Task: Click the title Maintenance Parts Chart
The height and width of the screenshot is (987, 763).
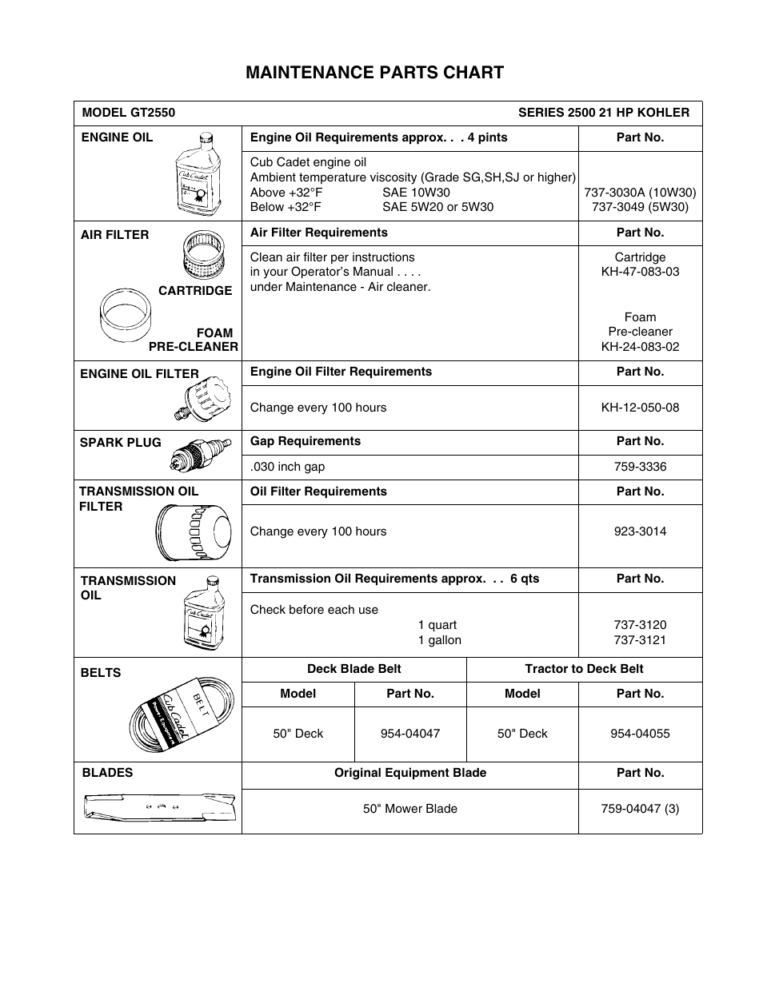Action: point(374,73)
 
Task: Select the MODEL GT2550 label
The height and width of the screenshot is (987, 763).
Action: point(128,113)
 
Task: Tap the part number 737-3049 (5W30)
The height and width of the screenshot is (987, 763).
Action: point(640,207)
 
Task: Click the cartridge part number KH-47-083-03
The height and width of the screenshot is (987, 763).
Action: point(640,272)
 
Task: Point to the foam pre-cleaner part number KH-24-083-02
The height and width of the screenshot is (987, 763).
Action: point(640,347)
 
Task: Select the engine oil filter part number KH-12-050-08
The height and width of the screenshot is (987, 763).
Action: point(640,408)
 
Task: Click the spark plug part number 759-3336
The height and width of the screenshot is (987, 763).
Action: point(640,467)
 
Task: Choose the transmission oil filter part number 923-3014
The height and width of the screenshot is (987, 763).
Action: point(640,531)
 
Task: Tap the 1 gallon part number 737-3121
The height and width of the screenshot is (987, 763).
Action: point(640,640)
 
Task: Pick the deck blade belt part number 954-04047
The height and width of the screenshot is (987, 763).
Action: point(409,734)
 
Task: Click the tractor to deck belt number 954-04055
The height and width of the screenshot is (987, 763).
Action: point(640,734)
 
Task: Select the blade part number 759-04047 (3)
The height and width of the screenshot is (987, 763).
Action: point(640,809)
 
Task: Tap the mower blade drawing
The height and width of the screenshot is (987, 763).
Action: point(160,808)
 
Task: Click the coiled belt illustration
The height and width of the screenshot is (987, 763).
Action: point(183,715)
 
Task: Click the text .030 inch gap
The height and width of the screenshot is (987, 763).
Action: point(287,467)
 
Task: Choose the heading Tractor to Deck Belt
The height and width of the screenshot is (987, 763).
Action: point(584,670)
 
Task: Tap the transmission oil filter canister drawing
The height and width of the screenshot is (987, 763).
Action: point(194,533)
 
